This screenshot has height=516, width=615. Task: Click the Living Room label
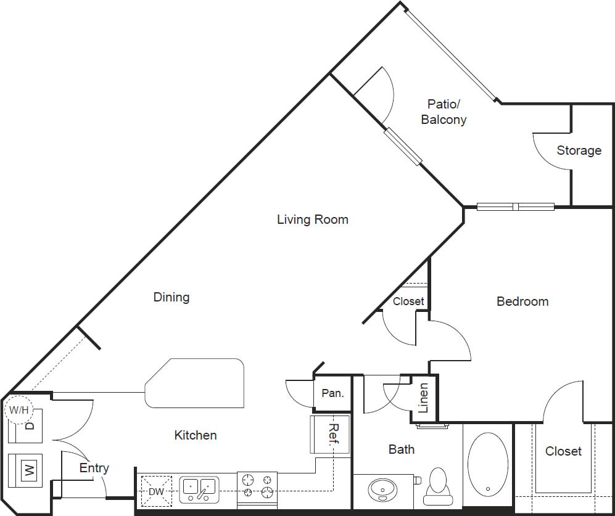click(312, 219)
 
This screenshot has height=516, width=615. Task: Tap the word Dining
click(171, 297)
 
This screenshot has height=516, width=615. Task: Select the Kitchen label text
click(196, 435)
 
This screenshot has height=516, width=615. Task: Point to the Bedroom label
click(522, 301)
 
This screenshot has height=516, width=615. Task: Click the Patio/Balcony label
click(444, 112)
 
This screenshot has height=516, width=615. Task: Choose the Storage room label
click(579, 150)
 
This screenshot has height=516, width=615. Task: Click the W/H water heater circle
click(19, 409)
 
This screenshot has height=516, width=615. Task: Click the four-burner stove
click(257, 485)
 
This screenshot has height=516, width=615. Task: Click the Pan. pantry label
click(332, 393)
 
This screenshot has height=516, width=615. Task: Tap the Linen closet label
click(424, 398)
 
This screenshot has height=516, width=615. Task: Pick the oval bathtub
click(487, 462)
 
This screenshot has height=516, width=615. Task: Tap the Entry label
click(94, 469)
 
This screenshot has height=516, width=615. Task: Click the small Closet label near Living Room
click(408, 301)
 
